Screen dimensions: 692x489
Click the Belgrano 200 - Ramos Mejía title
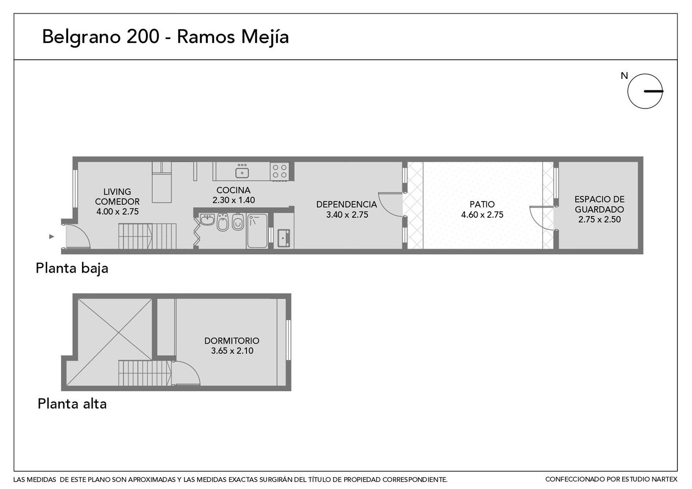coord(165,37)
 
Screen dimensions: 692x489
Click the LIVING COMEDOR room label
coord(117,201)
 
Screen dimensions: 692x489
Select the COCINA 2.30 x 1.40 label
coord(234,195)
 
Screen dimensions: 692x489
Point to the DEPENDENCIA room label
coord(346,210)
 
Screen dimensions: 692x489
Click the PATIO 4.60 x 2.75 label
coord(482,210)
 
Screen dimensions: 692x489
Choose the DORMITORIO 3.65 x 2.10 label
coord(232,345)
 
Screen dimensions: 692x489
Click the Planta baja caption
coord(72,268)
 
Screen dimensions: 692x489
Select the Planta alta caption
coord(72,404)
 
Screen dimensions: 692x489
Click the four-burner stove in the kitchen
coord(279,171)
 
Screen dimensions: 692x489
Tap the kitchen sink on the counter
coord(242,172)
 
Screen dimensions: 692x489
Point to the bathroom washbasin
coord(207,219)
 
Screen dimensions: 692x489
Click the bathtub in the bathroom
coord(257,230)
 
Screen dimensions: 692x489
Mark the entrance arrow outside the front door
coord(52,237)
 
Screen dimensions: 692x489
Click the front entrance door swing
coord(78,236)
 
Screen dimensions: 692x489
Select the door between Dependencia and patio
coord(391,204)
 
